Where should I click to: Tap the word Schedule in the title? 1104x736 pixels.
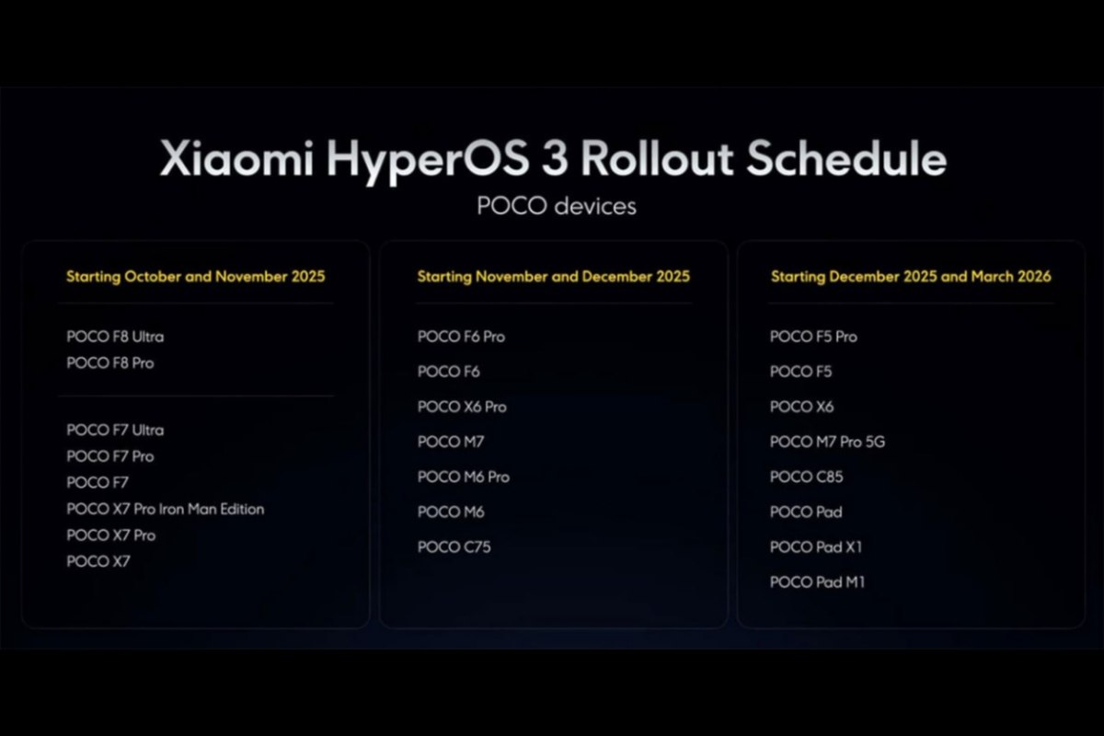point(845,158)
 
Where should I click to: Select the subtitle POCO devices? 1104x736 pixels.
point(556,206)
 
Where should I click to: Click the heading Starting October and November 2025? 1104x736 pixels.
point(195,276)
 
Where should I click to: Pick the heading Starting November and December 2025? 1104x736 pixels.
point(553,276)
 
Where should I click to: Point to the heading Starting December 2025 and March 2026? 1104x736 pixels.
point(910,276)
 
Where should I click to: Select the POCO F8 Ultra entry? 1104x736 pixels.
point(115,337)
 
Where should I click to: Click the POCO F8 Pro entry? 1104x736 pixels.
point(110,363)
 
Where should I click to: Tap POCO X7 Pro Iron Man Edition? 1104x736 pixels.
point(166,509)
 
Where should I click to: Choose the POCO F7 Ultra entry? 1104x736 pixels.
point(115,430)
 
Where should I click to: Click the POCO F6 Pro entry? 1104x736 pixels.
point(461,337)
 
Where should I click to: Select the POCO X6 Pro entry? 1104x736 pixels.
point(462,407)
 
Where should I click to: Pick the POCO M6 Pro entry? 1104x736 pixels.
point(463,477)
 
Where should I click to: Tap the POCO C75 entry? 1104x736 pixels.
point(454,546)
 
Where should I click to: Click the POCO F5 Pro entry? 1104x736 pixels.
point(813,337)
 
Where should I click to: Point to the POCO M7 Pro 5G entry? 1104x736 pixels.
point(827,442)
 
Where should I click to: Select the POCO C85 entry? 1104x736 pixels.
point(806,477)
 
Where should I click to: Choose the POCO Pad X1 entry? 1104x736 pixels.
point(816,546)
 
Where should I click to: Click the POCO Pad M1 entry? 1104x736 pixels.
point(817,581)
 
